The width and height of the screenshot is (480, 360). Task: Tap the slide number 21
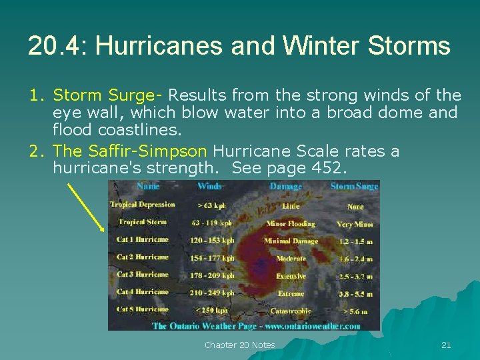(446, 345)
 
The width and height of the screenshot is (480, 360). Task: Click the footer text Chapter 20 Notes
(239, 345)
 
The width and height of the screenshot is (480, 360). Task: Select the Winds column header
(209, 187)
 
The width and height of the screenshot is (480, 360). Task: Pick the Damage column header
(285, 187)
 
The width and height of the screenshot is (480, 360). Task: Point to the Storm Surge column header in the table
(354, 187)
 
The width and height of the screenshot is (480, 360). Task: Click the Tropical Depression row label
(142, 205)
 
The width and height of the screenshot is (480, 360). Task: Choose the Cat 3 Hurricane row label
(142, 275)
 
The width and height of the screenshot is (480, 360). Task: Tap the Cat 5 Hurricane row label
(142, 309)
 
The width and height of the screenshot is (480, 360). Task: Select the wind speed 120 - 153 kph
(212, 240)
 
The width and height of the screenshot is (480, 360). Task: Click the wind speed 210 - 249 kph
(212, 293)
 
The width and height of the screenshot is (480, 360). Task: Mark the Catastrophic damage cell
(290, 311)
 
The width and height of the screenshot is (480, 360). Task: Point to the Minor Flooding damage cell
(290, 223)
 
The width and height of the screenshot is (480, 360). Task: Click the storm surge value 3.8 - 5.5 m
(355, 293)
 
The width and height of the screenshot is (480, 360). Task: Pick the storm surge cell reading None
(355, 207)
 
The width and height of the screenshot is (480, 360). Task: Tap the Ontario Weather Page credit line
(256, 326)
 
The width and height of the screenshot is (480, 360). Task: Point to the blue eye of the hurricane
(261, 265)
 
